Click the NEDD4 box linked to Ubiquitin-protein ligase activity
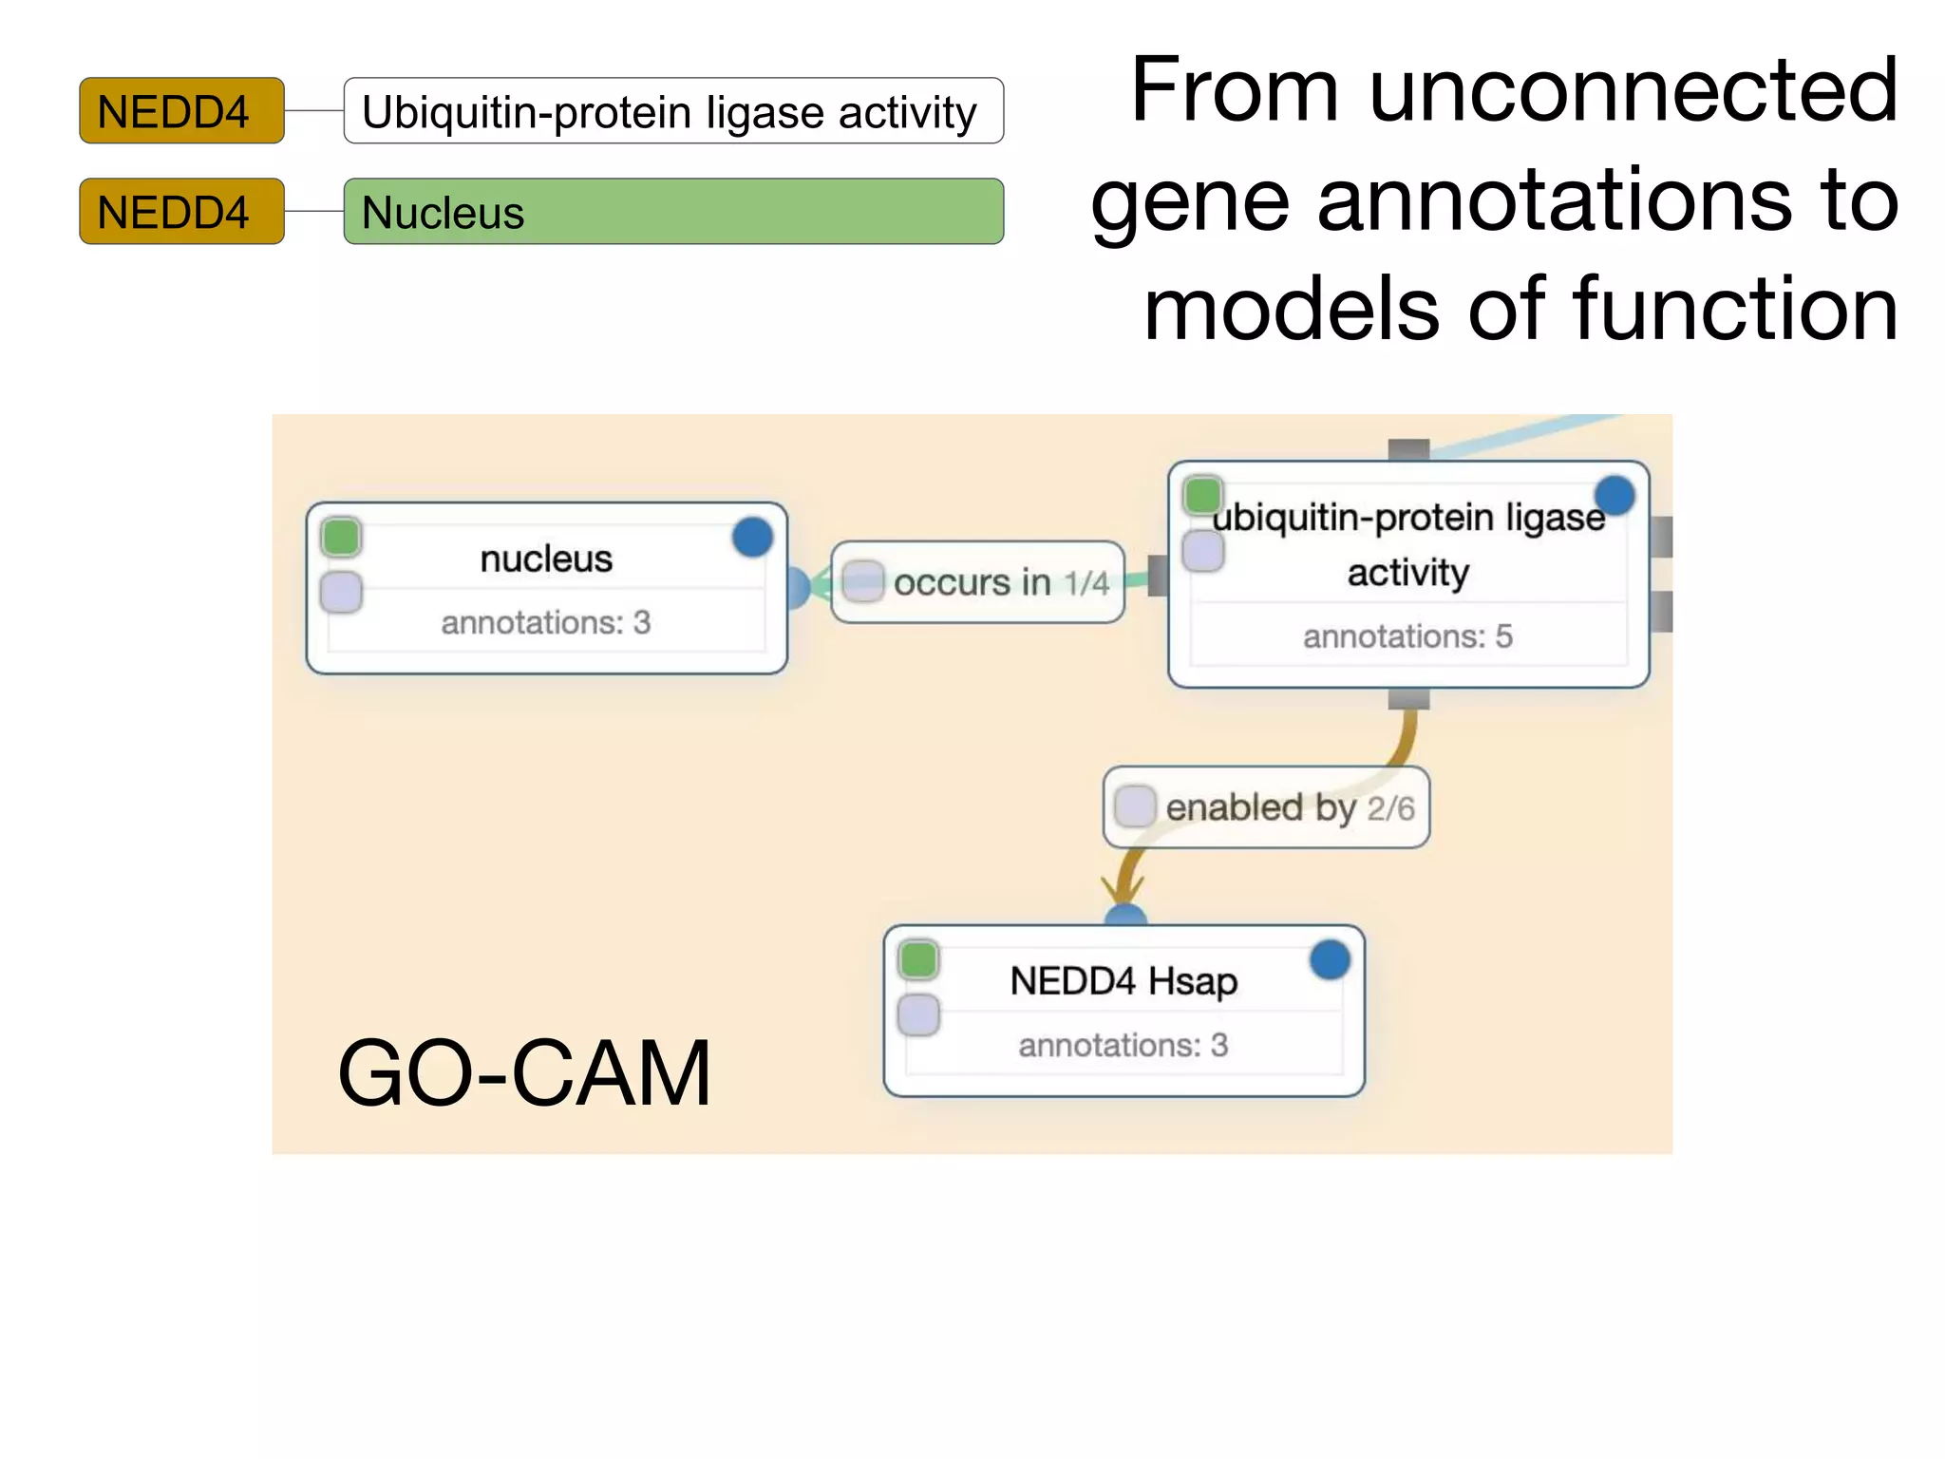(181, 111)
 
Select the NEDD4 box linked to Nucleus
(181, 212)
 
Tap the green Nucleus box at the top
(673, 212)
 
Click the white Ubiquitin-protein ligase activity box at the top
(673, 111)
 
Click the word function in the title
(1735, 310)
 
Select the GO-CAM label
(524, 1073)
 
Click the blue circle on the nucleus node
(752, 538)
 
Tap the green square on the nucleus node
(341, 537)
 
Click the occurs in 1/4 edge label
(978, 582)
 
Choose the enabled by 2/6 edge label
(1267, 807)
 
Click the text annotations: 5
(1407, 636)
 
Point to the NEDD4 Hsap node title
(1124, 981)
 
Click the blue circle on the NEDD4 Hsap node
(1330, 960)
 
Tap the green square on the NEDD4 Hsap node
(918, 959)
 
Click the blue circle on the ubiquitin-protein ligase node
(1615, 496)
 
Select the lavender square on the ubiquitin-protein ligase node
(1203, 551)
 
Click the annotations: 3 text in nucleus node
(546, 623)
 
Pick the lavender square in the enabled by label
(1134, 806)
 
